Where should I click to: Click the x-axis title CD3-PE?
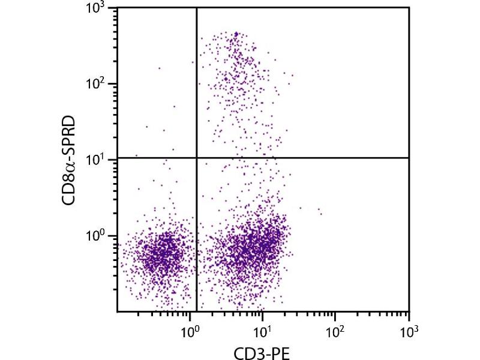(x=263, y=351)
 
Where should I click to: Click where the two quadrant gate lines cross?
(x=197, y=158)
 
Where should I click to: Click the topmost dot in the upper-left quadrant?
(x=159, y=68)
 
